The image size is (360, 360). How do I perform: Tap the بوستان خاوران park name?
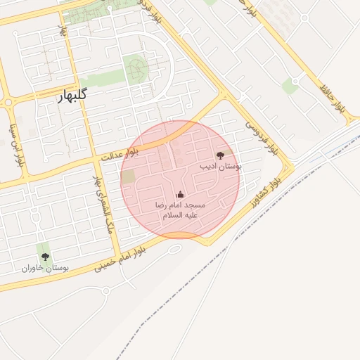(44, 268)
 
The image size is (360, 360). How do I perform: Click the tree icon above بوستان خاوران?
(45, 257)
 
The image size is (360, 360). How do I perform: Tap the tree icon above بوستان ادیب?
(220, 155)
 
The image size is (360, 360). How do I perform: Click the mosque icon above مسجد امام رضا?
(180, 194)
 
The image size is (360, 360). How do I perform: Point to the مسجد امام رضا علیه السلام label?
(180, 209)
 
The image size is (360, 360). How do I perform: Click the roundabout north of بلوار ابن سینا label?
(8, 103)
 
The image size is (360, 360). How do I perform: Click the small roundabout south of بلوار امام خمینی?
(126, 274)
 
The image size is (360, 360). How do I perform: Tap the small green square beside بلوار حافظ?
(290, 86)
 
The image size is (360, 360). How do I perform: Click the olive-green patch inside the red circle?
(128, 176)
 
